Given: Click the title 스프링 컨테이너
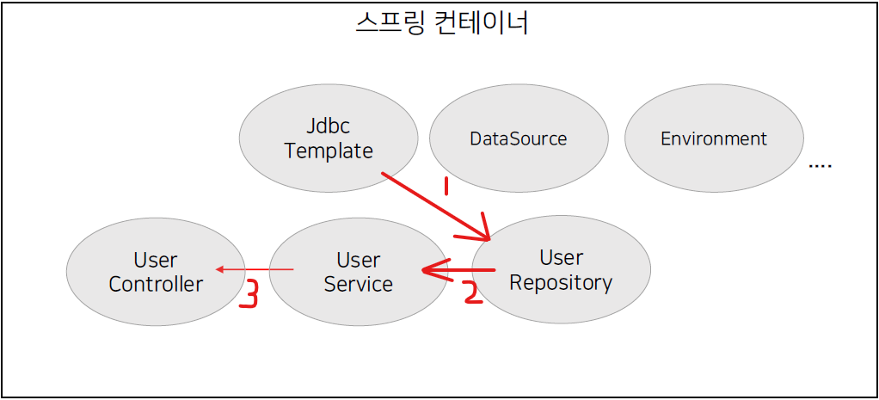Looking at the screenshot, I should [441, 23].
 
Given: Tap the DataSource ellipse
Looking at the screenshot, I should [519, 138].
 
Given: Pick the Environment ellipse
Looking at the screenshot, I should [714, 138].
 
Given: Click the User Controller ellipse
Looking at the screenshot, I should [156, 272].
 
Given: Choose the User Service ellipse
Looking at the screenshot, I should [358, 272].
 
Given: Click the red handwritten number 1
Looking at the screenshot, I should [446, 185].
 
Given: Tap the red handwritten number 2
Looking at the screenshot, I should [470, 292].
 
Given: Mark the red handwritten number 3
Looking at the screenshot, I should [248, 293].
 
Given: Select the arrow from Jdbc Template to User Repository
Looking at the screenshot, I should [434, 206].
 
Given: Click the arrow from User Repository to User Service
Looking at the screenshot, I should [457, 271].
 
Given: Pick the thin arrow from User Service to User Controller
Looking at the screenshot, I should [255, 270].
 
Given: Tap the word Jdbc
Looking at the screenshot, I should [328, 126].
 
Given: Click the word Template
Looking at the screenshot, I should [328, 151].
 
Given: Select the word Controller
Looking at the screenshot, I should [156, 284].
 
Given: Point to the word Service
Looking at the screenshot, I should [358, 284].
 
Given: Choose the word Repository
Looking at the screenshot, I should [561, 282].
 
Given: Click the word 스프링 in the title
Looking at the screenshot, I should [388, 23].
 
